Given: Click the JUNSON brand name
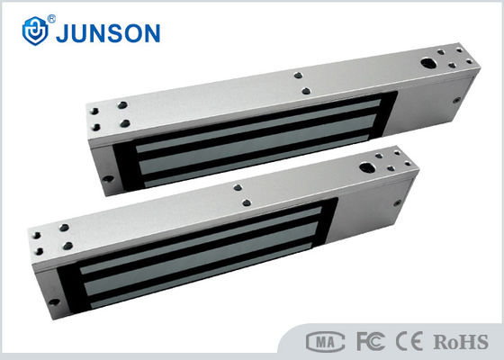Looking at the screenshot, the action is [x=108, y=33].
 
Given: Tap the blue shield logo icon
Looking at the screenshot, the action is [x=35, y=31].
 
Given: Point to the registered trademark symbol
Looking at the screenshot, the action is [x=51, y=19].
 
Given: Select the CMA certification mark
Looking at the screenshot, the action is [x=325, y=342].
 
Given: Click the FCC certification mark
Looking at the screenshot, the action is [x=371, y=341].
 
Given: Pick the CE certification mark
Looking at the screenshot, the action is [x=409, y=341].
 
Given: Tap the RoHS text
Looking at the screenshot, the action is [x=461, y=342].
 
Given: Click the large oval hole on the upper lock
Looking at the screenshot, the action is [x=428, y=63].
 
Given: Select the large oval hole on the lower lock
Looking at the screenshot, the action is [x=367, y=167].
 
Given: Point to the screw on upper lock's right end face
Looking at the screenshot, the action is [x=456, y=100].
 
